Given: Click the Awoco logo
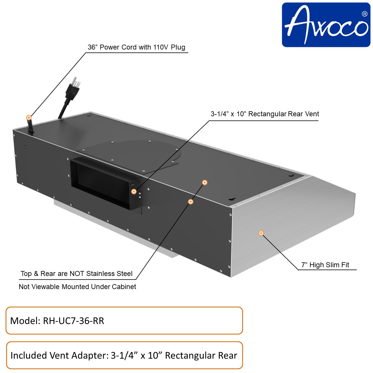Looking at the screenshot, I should [x=326, y=25].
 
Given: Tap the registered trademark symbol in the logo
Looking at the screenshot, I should [x=364, y=14].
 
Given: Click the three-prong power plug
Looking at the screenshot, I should [x=72, y=87].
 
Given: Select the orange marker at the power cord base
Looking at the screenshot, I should [x=29, y=117].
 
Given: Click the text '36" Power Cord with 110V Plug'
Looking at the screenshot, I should [x=136, y=47].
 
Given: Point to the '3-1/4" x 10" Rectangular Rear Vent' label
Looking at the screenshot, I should [x=265, y=114].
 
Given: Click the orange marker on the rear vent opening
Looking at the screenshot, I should [x=134, y=191].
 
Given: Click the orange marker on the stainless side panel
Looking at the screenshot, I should [x=261, y=233].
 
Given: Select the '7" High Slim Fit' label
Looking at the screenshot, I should [x=325, y=265].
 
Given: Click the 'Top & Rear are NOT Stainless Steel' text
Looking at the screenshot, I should [x=76, y=274].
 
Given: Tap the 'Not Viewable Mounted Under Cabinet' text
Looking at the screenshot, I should [x=77, y=287].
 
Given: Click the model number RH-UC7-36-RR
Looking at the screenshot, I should [x=73, y=321].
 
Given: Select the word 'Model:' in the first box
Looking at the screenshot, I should [x=25, y=321].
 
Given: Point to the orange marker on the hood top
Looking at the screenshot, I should [x=205, y=182].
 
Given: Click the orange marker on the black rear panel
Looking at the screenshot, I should [x=191, y=201].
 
